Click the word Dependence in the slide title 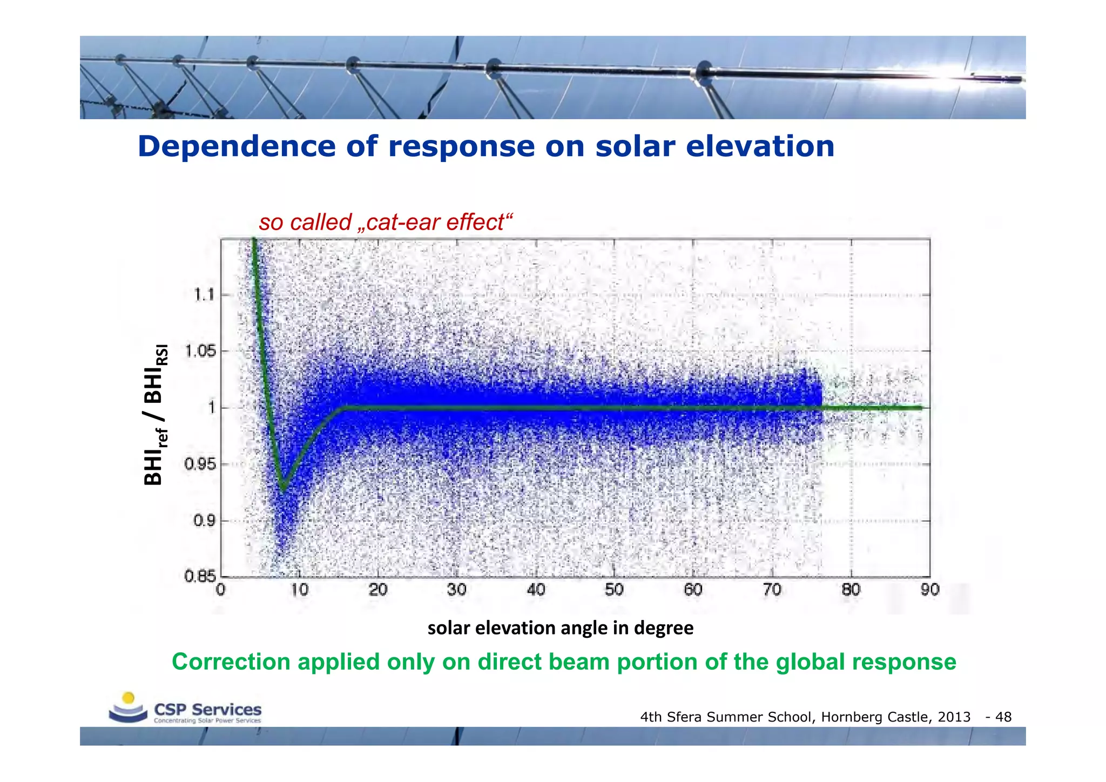[x=237, y=147]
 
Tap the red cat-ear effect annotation [x=385, y=223]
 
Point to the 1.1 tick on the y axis [x=204, y=295]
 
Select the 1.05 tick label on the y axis [x=200, y=352]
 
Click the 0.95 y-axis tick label [x=200, y=464]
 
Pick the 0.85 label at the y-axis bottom [x=200, y=576]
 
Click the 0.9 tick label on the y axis [x=204, y=521]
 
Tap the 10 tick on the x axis [x=299, y=590]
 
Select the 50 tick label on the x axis [x=614, y=590]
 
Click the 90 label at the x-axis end [x=929, y=590]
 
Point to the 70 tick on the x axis [x=772, y=590]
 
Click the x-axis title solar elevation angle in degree [x=560, y=628]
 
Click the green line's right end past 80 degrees [x=918, y=408]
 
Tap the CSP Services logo [x=185, y=709]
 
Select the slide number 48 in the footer [x=1003, y=717]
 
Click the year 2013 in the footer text [x=954, y=717]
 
